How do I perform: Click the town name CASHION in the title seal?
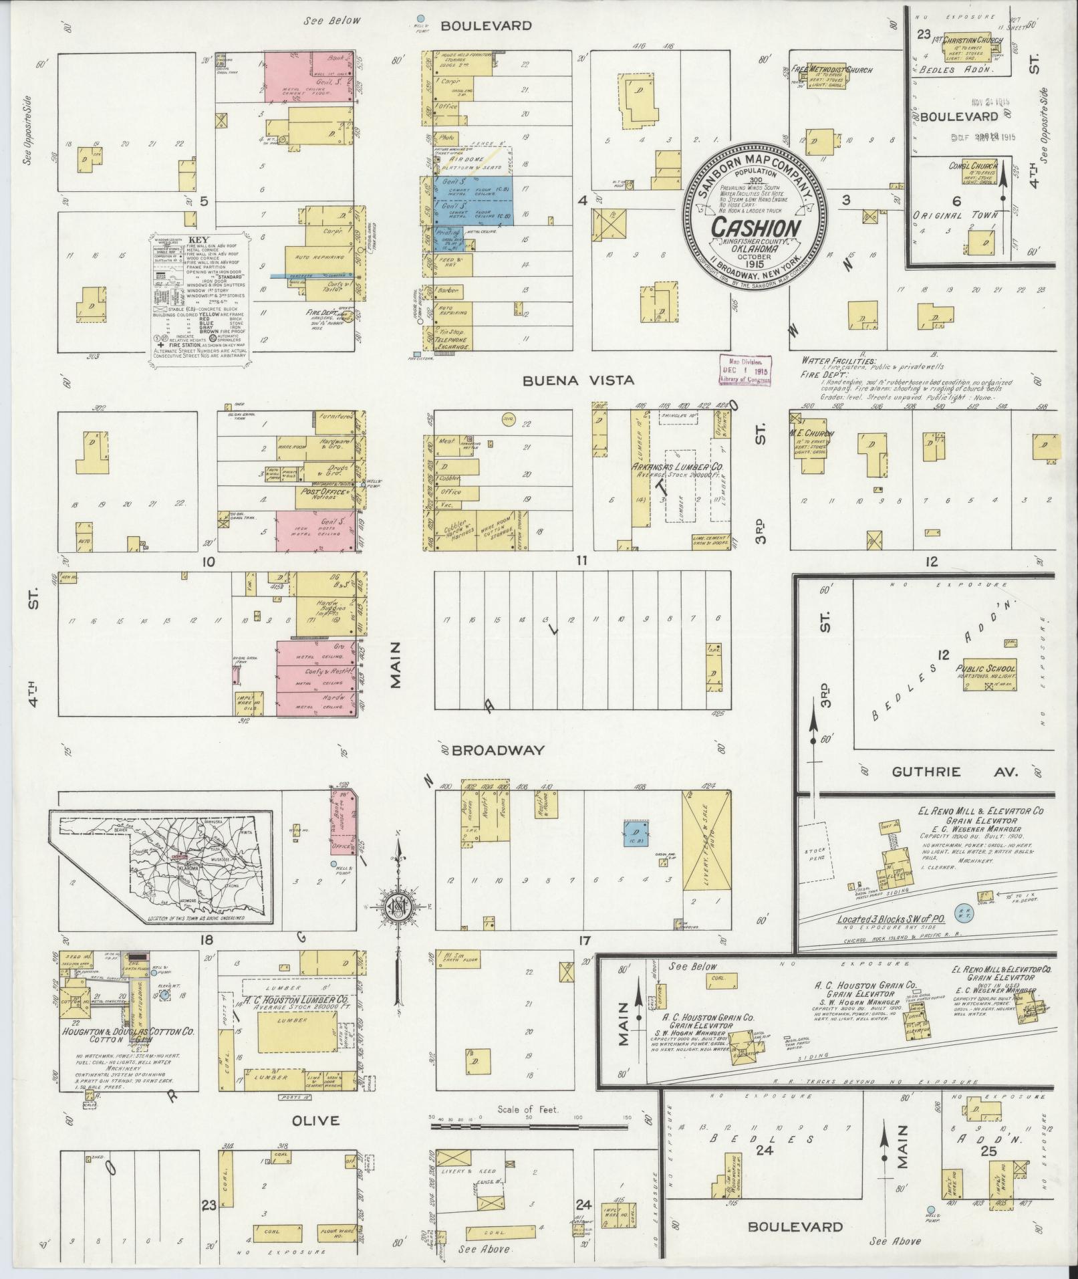(755, 227)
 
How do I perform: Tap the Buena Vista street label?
(577, 380)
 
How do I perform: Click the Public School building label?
(985, 668)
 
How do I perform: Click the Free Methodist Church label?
(839, 70)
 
